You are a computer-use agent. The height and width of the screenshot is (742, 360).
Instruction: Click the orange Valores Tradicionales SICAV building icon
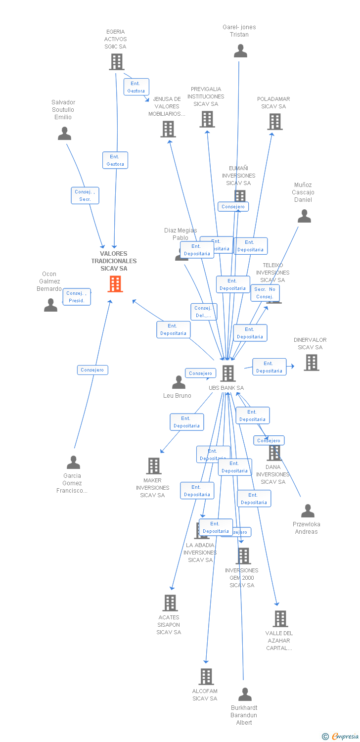click(115, 284)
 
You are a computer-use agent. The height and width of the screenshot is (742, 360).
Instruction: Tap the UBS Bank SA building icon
click(227, 373)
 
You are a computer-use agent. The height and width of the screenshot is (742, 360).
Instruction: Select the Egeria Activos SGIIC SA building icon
click(117, 62)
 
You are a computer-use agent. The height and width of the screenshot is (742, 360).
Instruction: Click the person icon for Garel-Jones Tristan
click(240, 51)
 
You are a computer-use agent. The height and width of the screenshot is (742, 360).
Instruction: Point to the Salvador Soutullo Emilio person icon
click(64, 134)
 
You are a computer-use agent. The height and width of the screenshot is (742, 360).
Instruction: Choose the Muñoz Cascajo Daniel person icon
click(304, 216)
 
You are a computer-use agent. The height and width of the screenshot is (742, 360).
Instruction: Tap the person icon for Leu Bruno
click(179, 382)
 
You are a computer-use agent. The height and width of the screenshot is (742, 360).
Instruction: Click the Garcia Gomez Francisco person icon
click(73, 463)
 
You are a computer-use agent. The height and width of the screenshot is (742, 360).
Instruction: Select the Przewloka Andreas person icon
click(308, 511)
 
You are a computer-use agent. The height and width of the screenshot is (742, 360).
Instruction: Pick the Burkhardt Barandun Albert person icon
click(245, 695)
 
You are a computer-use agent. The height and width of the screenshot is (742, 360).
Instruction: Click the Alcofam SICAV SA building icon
click(206, 676)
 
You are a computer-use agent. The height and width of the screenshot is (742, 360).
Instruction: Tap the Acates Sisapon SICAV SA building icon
click(170, 603)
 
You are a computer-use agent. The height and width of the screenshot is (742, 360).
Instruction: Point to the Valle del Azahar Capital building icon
click(280, 618)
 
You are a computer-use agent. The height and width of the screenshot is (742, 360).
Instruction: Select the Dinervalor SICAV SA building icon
click(311, 363)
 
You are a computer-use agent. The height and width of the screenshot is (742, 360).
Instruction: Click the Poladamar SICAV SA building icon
click(275, 121)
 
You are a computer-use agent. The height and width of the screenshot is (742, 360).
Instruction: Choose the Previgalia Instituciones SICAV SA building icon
click(207, 119)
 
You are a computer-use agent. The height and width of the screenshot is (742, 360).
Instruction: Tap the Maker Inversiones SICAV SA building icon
click(154, 465)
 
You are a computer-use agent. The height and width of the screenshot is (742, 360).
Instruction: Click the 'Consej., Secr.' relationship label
click(85, 195)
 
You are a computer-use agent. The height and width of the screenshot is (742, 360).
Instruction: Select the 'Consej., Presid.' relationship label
click(77, 297)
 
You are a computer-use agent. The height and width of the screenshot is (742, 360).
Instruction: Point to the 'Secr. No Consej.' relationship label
click(265, 293)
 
